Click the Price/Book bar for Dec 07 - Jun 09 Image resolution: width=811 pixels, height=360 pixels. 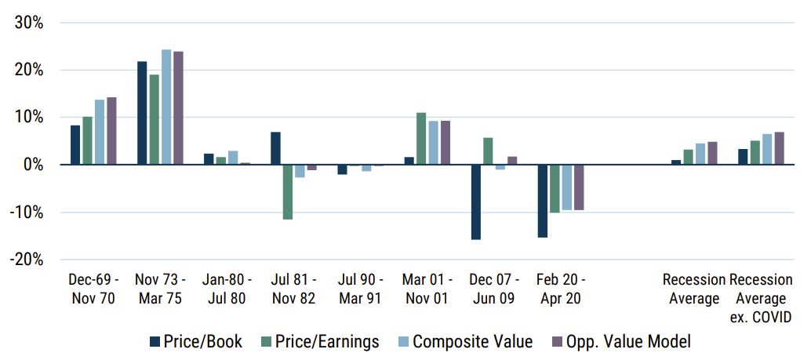click(475, 202)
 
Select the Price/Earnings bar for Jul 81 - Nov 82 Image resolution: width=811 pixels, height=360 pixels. click(287, 192)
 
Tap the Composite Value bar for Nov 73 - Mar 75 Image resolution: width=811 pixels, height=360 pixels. click(165, 107)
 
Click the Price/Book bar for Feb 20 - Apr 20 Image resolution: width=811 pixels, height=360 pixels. click(542, 201)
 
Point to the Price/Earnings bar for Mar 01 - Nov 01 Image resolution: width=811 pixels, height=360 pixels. click(421, 139)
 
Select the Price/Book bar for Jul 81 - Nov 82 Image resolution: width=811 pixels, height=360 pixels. click(275, 148)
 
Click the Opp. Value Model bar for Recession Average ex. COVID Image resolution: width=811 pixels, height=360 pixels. click(779, 148)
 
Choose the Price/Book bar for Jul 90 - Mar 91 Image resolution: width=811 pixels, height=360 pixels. click(342, 169)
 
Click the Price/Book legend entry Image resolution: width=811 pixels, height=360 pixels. click(195, 341)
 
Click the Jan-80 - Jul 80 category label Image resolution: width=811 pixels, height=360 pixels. click(225, 289)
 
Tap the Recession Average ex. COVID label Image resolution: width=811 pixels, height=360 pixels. click(761, 298)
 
